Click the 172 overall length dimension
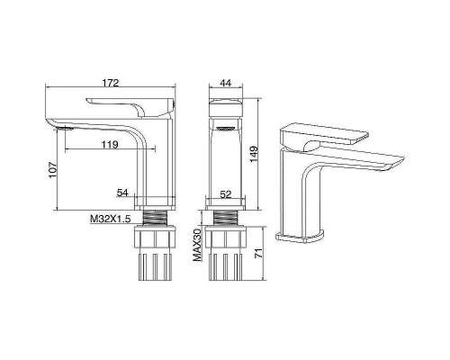pyautogui.click(x=111, y=83)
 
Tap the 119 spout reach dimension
pyautogui.click(x=110, y=145)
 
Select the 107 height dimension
pyautogui.click(x=52, y=170)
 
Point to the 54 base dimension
pyautogui.click(x=122, y=193)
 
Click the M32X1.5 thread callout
pyautogui.click(x=111, y=220)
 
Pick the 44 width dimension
pyautogui.click(x=226, y=83)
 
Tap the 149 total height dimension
pyautogui.click(x=254, y=154)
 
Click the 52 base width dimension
pyautogui.click(x=226, y=194)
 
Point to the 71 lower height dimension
pyautogui.click(x=258, y=253)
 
